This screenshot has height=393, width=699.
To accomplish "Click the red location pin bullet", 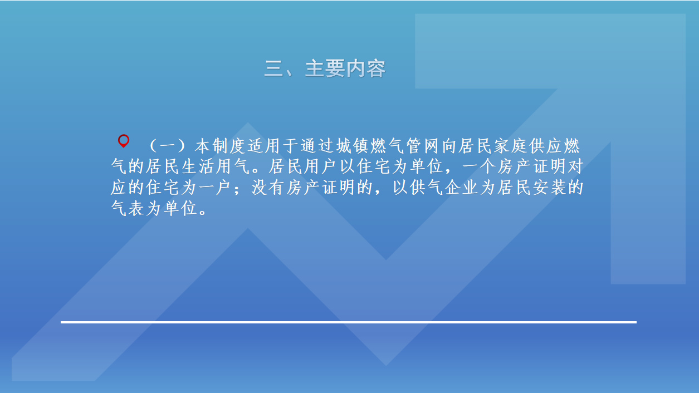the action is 124,141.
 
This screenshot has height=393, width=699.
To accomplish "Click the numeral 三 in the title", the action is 273,68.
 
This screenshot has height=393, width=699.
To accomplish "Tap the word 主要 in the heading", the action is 325,68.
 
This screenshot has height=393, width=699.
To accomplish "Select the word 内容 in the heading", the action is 365,68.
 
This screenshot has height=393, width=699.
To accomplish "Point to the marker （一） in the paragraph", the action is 167,146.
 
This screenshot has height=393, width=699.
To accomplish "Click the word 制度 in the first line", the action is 229,146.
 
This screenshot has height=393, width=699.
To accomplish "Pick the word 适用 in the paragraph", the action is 264,146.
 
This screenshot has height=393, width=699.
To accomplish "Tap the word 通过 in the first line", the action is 317,146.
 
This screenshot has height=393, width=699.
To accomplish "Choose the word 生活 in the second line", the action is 198,166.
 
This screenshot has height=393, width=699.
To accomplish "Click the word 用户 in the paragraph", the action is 320,166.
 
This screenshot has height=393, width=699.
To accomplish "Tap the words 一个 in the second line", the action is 479,166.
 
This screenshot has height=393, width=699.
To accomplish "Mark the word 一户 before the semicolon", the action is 216,188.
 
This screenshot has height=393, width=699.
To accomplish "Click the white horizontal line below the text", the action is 349,322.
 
